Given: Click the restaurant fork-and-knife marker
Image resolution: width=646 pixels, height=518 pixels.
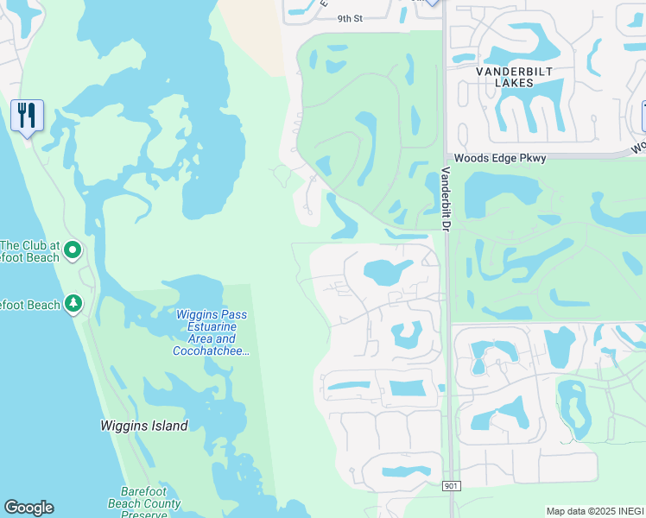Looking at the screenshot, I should coord(27,115).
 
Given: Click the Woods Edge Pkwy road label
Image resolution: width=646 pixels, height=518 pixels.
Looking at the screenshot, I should coord(489,158).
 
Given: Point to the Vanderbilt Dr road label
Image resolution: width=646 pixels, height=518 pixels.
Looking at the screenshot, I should coord(446,199).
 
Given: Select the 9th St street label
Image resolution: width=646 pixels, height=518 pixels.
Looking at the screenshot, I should coord(349,18).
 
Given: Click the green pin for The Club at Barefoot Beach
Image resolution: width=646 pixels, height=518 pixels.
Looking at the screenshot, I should coord(73,250).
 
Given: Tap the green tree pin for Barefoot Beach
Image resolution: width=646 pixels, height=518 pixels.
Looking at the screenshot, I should coord(74,303).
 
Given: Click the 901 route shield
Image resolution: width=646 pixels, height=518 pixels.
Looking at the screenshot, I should coord(451,487).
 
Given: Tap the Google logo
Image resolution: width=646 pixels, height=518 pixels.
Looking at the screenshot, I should coord(28,508).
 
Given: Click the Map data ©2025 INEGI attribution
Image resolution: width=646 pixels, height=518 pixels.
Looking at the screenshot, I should coord(594,510).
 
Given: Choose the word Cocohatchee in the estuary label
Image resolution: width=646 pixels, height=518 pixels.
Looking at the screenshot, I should coord(211,351).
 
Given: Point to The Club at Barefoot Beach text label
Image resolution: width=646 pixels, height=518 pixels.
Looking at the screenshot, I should coord(30,251).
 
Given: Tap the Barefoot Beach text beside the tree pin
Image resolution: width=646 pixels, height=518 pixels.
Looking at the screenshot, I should coord(30,305).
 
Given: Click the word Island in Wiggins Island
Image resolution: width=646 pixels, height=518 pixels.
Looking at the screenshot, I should coord(168,426).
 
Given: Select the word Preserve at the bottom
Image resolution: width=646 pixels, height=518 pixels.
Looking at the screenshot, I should coord(144,515).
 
